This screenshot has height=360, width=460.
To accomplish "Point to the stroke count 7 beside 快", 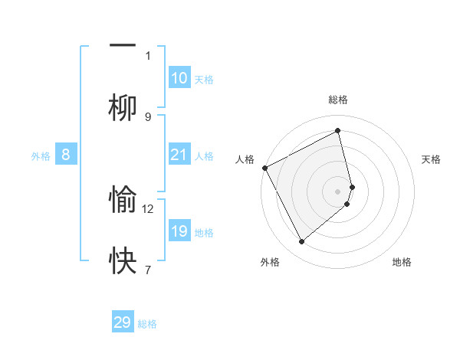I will pos(148,270).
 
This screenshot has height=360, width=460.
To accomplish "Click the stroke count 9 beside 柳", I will pos(148,116).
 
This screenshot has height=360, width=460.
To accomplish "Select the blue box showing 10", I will pos(179,78).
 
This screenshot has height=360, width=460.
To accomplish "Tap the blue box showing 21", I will pos(179,155).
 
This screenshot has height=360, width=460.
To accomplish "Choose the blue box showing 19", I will pos(179,231).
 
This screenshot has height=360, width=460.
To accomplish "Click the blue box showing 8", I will pos(66,155).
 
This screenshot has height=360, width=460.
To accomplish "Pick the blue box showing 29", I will pos(123,322).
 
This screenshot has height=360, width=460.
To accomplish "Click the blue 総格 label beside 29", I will pos(148,324).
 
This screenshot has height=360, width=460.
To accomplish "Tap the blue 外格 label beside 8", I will pos(41,156).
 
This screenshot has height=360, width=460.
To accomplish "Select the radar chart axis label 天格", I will pos(432,159).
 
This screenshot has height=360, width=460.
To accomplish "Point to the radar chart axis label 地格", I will pos(402,262).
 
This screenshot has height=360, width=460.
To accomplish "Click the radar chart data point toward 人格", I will pos(264,168).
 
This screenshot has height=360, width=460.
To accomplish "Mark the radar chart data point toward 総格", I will pos(338,131).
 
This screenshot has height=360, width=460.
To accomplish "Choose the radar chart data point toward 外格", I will pos(301,242).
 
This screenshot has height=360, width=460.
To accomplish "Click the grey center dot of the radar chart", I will pos(338,190).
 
